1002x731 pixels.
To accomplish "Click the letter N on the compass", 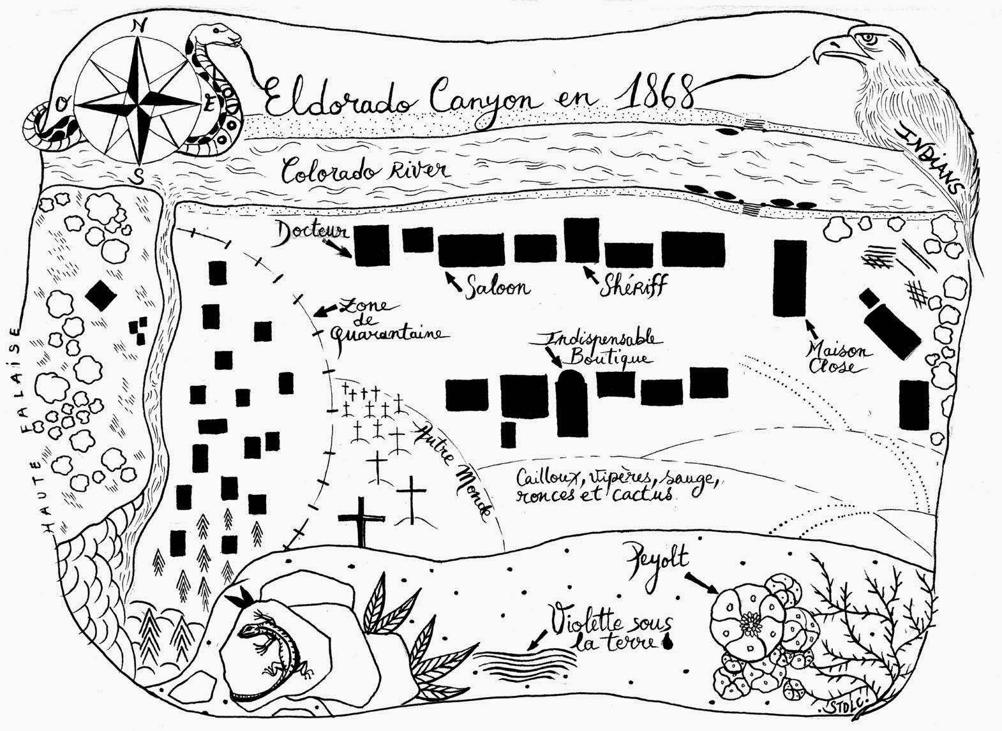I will pos(137,26).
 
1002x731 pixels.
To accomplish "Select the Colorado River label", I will pos(367,170).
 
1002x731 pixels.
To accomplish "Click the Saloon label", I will pos(498,287).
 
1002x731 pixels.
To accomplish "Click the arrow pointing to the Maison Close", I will pos(811,329).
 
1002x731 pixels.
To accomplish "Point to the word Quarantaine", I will pos(385,334).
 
